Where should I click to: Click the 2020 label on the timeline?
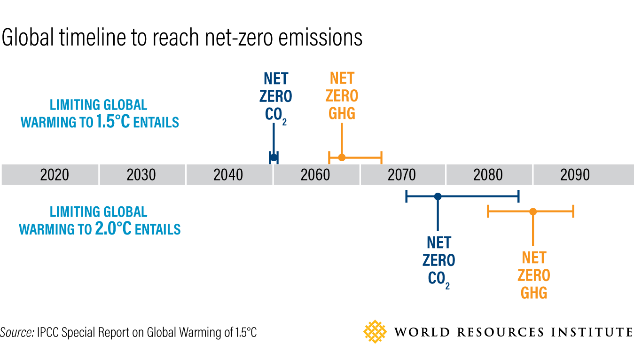coord(55,175)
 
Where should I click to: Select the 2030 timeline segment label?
coord(141,175)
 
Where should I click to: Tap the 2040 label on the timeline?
coord(228,175)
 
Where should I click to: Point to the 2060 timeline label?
coord(315,175)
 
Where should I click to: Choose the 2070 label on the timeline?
coord(402,175)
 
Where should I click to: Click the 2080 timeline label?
coord(488,175)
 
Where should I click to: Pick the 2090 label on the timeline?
coord(575,175)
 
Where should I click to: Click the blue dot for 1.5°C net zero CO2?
coord(273,157)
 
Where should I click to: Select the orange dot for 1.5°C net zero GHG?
coord(342,157)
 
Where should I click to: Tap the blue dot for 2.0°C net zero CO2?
coord(438,196)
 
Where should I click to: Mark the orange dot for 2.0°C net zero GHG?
coord(532,211)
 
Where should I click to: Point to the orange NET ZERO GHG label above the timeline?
coord(342,95)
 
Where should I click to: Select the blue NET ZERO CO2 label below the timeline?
coord(438,261)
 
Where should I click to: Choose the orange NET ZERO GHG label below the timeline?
coord(534,275)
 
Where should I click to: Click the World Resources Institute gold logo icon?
coord(375,331)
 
